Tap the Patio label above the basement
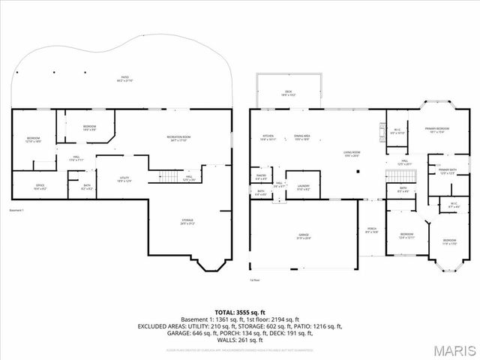pos(125,79)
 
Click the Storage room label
pos(187,221)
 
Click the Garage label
pos(304,236)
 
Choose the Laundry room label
pos(303,187)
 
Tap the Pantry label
pos(262,178)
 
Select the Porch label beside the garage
pos(371,231)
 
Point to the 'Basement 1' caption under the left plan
pos(17,210)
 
